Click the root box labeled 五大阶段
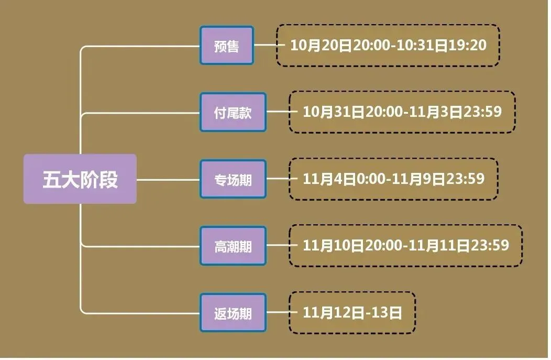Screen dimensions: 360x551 (80, 179)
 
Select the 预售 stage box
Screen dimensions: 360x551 (226, 46)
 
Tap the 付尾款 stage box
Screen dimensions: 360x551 (233, 113)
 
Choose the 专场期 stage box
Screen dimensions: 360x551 (233, 180)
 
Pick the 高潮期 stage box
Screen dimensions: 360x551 (233, 246)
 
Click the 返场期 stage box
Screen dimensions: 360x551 (233, 313)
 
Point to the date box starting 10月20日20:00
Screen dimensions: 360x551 (388, 46)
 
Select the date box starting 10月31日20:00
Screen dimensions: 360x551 (402, 112)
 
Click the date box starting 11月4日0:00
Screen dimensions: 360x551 (393, 179)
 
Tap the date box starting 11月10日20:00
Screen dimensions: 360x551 (405, 246)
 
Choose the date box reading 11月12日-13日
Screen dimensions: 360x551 (352, 313)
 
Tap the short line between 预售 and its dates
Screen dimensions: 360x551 (265, 46)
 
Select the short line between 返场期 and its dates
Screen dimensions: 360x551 (278, 313)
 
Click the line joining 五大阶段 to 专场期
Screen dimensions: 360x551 (168, 180)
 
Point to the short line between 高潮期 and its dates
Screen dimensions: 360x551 (278, 246)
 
